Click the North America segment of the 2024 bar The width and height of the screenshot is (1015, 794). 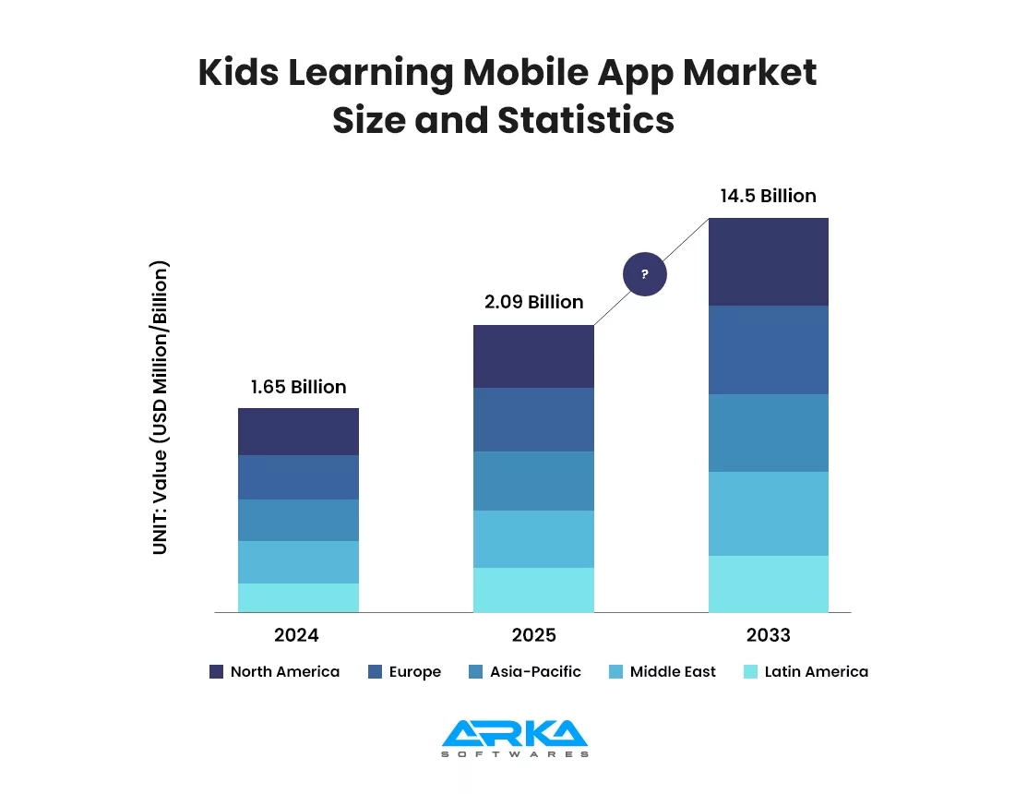pyautogui.click(x=298, y=431)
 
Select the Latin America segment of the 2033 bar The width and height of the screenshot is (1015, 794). pyautogui.click(x=768, y=583)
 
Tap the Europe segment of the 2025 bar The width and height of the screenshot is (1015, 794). pyautogui.click(x=533, y=419)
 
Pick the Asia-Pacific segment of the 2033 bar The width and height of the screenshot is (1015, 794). pyautogui.click(x=768, y=432)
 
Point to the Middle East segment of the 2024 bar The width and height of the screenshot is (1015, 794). pyautogui.click(x=298, y=561)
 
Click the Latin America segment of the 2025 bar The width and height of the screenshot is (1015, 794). pyautogui.click(x=533, y=589)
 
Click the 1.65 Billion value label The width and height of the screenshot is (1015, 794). pyautogui.click(x=298, y=387)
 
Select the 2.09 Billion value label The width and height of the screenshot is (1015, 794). pyautogui.click(x=533, y=302)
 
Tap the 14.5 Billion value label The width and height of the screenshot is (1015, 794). pyautogui.click(x=768, y=196)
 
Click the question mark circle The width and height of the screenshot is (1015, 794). pyautogui.click(x=644, y=274)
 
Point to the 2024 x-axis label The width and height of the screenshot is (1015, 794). pyautogui.click(x=296, y=635)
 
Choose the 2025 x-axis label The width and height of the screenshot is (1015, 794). pyautogui.click(x=533, y=635)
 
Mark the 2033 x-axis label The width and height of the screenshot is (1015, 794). pyautogui.click(x=768, y=635)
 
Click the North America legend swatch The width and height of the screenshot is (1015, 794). pyautogui.click(x=217, y=672)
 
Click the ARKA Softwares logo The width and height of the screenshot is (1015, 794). pyautogui.click(x=514, y=738)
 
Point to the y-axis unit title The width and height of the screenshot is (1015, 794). pyautogui.click(x=161, y=407)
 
